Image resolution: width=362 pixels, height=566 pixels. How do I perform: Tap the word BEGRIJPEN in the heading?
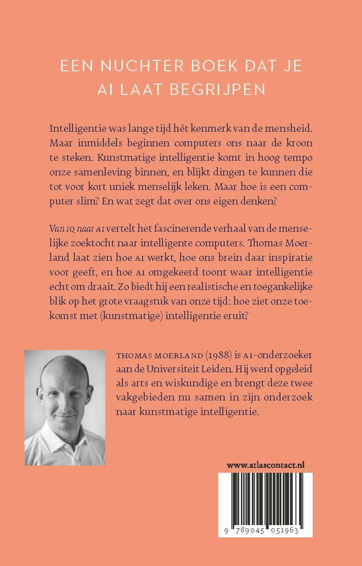[218, 89]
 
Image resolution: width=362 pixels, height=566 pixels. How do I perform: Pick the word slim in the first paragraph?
[89, 201]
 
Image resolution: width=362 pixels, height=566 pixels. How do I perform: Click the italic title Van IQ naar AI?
[76, 228]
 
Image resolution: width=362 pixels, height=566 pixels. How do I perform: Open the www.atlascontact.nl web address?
[265, 465]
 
